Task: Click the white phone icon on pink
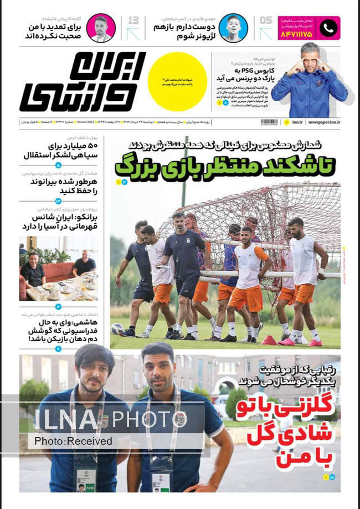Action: [329, 28]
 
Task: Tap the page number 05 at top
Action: [266, 21]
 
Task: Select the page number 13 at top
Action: [133, 21]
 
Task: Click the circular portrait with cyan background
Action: [233, 28]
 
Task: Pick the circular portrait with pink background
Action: [101, 28]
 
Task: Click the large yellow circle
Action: [177, 81]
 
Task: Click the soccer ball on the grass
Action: [117, 329]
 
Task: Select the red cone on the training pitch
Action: [269, 340]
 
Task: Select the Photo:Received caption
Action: [74, 441]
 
